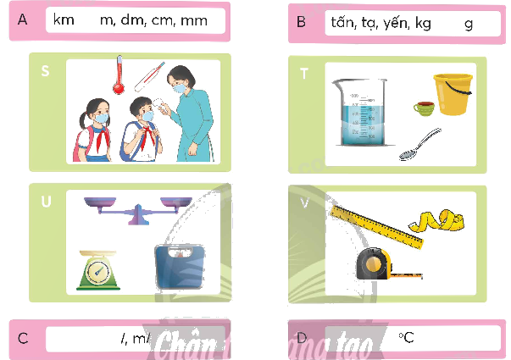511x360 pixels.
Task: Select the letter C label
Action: coord(23,339)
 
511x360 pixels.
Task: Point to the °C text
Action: coord(406,338)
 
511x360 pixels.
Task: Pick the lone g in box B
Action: coord(469,23)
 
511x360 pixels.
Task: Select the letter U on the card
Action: coord(46,203)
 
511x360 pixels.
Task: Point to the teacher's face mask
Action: coord(179,87)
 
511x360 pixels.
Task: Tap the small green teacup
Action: coord(423,108)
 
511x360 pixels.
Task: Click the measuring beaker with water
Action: coord(356,114)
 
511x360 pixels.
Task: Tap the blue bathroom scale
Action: coord(178,269)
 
